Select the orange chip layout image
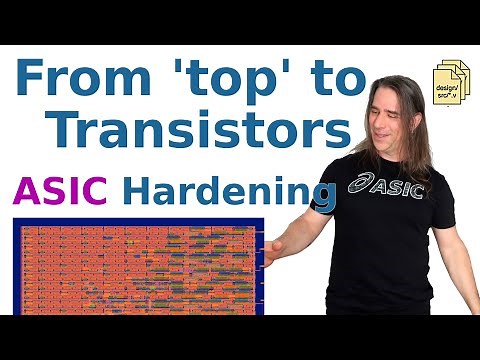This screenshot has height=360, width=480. (140, 266)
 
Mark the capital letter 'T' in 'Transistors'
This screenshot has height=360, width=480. (67, 130)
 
